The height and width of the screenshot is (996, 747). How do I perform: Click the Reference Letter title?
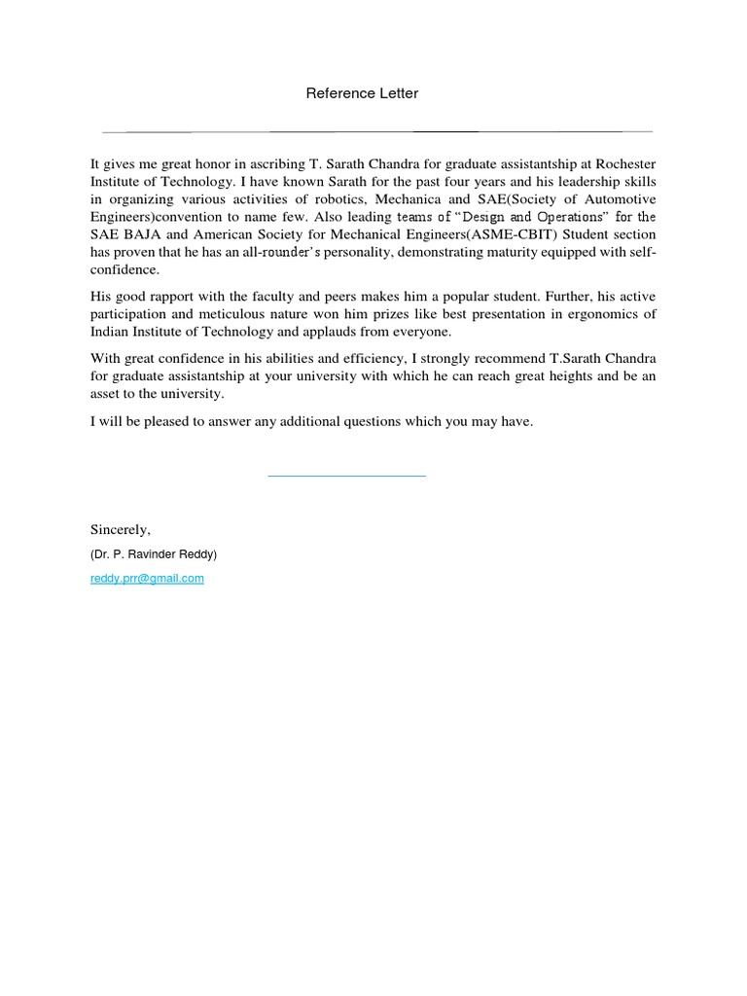point(362,93)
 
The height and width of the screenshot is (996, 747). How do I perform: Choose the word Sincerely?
point(121,530)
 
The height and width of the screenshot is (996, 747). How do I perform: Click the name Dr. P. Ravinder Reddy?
point(154,554)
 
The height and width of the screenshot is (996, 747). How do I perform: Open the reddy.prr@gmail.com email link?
point(147,578)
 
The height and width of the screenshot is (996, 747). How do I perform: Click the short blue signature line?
point(346,476)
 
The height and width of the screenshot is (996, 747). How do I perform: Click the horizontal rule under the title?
point(376,130)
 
